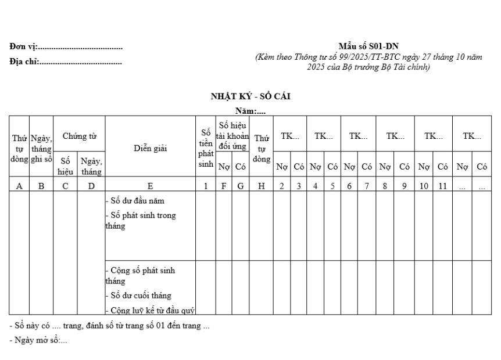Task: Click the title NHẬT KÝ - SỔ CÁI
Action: (x=250, y=96)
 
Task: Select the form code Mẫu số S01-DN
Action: (x=368, y=46)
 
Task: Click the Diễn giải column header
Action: (x=151, y=148)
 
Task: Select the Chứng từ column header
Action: (x=79, y=136)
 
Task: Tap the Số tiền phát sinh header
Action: (x=205, y=146)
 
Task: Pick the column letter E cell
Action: (x=151, y=186)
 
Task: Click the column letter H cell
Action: (x=262, y=186)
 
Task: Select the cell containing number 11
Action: (x=442, y=186)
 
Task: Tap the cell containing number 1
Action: (x=205, y=186)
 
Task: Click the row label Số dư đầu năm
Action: (x=135, y=201)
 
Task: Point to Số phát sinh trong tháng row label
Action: (x=139, y=221)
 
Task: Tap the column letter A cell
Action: (x=19, y=186)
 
